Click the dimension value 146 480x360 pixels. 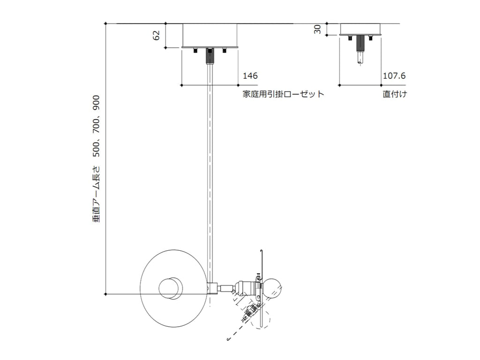tap(250, 75)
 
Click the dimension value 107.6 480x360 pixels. tap(394, 75)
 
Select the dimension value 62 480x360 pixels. tap(156, 35)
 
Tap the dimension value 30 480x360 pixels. tap(317, 29)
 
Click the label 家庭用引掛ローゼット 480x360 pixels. tap(284, 94)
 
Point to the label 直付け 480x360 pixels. tap(395, 94)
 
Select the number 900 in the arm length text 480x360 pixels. tap(96, 103)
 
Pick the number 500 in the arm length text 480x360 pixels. tap(96, 149)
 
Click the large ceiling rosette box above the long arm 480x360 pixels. tap(210, 35)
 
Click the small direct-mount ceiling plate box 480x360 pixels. tap(360, 30)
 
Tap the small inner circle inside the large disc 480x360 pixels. tap(171, 288)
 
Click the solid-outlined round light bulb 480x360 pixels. tap(272, 288)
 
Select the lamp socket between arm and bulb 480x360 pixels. tap(246, 288)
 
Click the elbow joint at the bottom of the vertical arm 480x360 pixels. tap(212, 288)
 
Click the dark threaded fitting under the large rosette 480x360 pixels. tap(210, 56)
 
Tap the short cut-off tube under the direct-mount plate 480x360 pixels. tap(360, 58)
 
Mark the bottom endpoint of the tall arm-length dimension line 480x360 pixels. tap(105, 294)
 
